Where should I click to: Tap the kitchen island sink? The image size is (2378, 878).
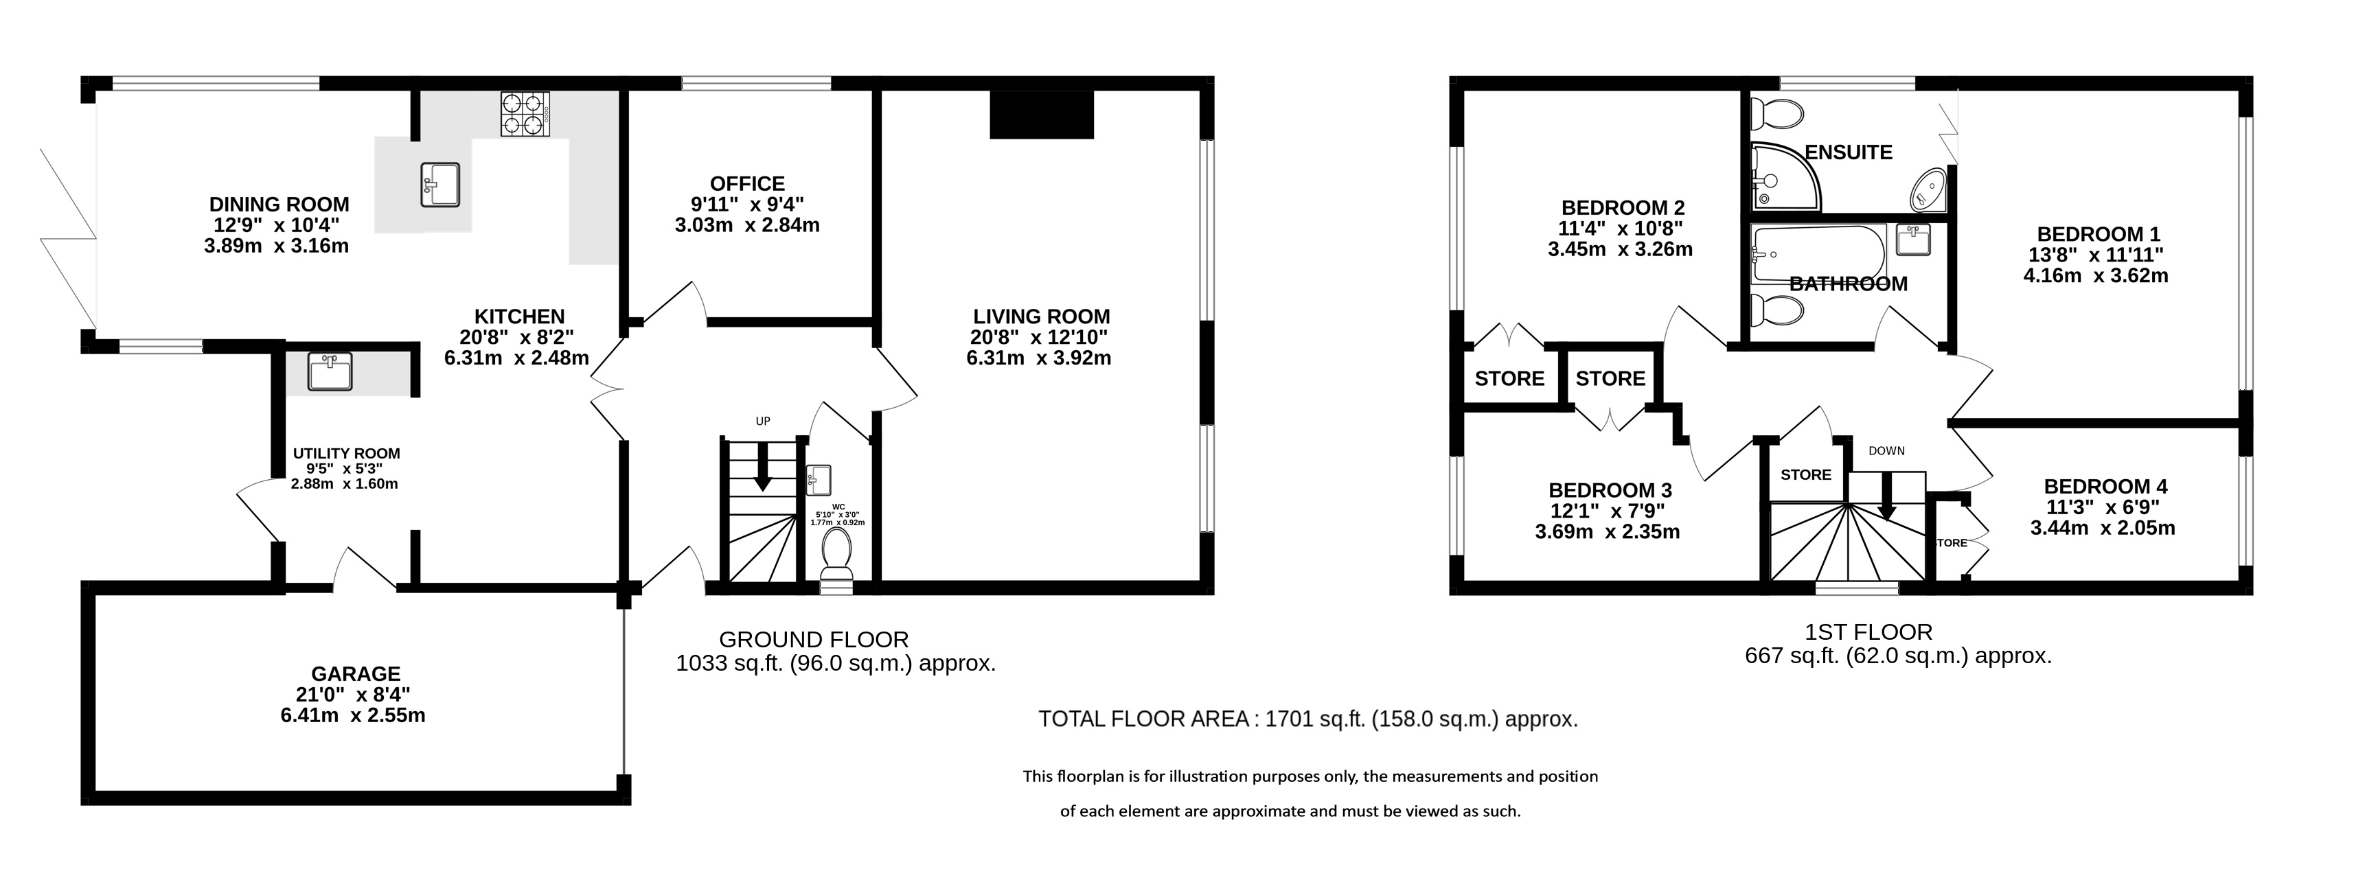[x=440, y=185]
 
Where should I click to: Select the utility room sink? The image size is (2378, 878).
[x=330, y=372]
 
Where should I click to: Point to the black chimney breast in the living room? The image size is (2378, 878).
[x=1041, y=115]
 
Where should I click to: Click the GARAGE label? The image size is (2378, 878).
[x=356, y=674]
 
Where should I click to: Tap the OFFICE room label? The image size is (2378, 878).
[x=748, y=184]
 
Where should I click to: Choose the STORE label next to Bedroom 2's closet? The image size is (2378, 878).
[x=1509, y=378]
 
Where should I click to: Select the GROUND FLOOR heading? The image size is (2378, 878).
[x=813, y=640]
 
